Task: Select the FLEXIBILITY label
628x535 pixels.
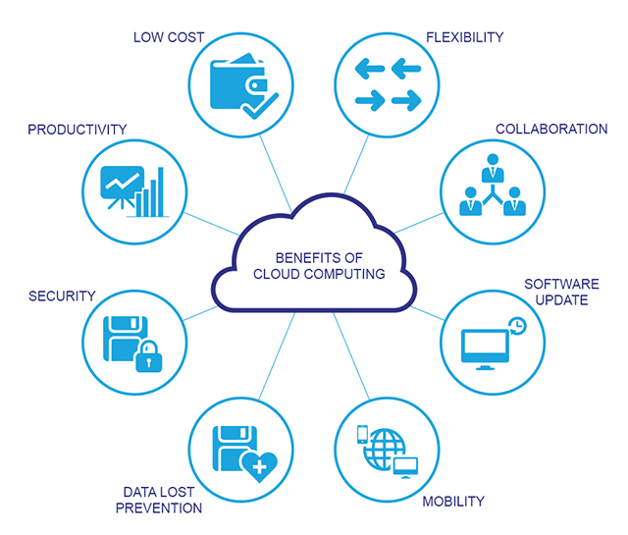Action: click(464, 37)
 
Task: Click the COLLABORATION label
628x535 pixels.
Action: click(550, 130)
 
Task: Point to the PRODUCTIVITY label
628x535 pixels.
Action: click(78, 130)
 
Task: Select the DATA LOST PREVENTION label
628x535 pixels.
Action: click(159, 499)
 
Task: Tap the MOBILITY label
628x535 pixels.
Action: click(452, 502)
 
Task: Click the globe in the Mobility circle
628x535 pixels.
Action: click(379, 448)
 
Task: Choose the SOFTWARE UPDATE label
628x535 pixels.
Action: click(555, 292)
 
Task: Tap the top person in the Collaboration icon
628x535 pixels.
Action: click(491, 173)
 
